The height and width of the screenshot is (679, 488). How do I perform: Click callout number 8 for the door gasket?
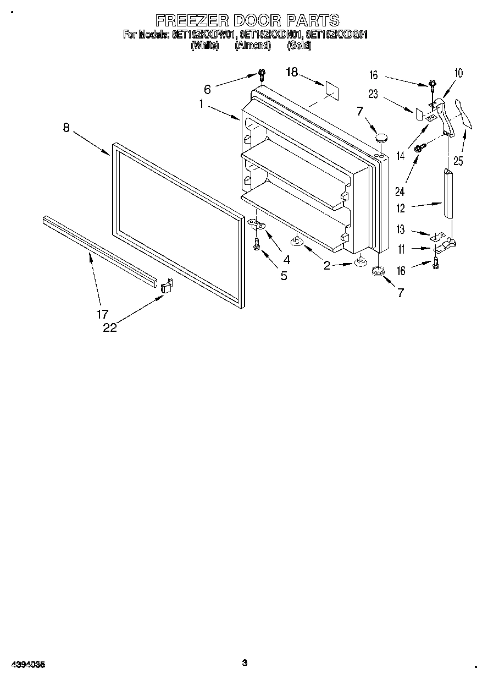point(66,127)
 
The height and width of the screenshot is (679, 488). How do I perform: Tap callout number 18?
point(291,72)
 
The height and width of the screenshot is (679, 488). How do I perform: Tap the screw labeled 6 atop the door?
point(262,74)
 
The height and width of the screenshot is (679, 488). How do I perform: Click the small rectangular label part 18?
point(331,89)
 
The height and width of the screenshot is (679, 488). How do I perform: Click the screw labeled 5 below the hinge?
point(256,245)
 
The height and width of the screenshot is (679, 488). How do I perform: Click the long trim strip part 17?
point(99,248)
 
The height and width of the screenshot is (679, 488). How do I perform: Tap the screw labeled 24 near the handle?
point(419,147)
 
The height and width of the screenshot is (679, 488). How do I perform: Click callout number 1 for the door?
point(202,103)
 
